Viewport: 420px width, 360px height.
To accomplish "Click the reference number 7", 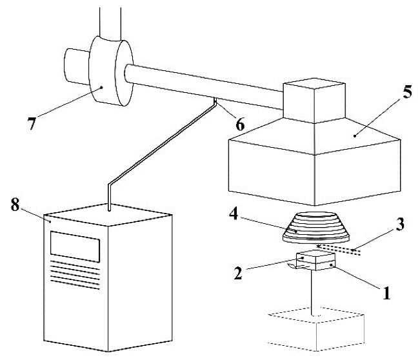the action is pos(32,124).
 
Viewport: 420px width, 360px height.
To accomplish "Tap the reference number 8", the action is pos(15,205).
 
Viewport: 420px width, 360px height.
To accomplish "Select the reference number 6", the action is pos(240,125).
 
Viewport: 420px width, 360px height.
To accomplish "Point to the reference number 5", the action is pos(407,92).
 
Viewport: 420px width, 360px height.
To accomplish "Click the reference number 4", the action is pos(234,214).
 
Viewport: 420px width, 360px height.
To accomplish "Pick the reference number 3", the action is pos(399,225).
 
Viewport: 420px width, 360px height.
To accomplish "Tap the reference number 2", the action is pos(238,273).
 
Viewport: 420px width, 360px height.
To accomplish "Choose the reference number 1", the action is pos(386,292).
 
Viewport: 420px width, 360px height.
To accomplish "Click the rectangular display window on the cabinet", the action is pos(75,246).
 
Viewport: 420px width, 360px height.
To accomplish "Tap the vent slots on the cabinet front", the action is pos(75,275).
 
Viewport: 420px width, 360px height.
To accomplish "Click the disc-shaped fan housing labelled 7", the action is pos(111,71).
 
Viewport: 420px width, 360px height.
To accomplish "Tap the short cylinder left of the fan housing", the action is pos(77,67).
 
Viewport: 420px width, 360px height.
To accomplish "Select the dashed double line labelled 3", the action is pos(339,250).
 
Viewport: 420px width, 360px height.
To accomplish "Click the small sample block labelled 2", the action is pos(315,260).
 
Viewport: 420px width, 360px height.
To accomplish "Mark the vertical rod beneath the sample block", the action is pos(313,293).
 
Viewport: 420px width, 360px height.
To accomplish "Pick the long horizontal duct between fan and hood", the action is pos(204,86).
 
